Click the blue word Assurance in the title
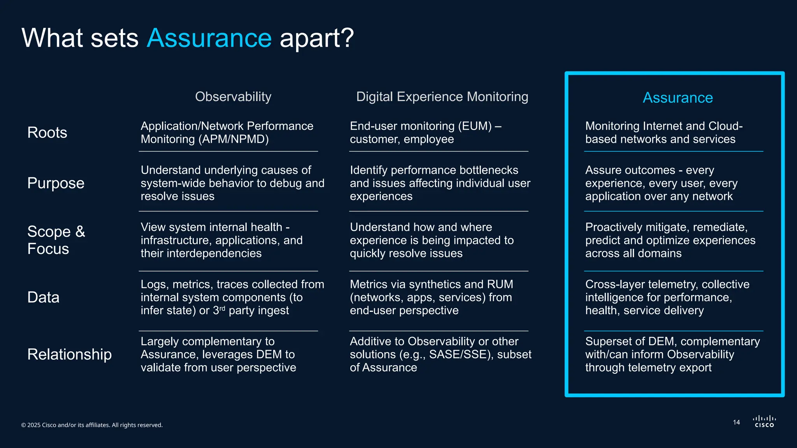209,38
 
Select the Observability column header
233,96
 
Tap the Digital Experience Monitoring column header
442,96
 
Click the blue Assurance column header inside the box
678,98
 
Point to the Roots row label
47,133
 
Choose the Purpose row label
56,183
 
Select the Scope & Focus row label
56,240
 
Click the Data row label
43,297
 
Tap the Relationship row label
69,354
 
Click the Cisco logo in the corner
764,422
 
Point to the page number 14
736,422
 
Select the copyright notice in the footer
92,425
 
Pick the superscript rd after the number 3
222,308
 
